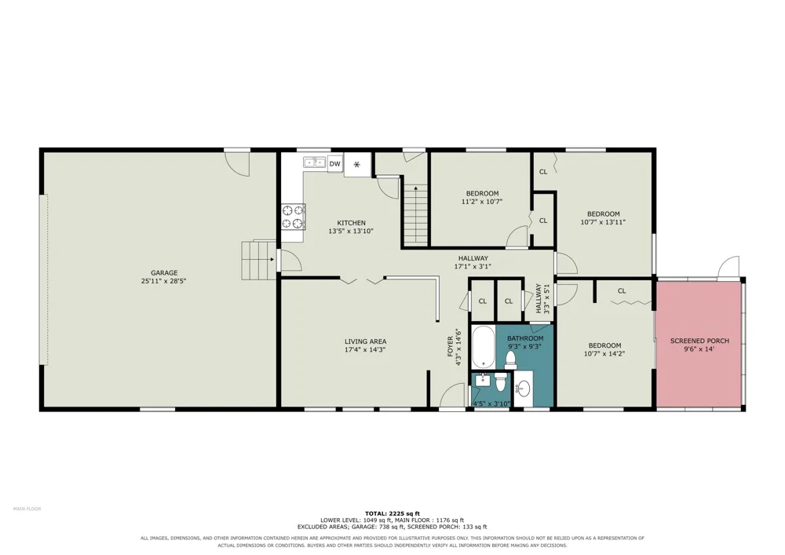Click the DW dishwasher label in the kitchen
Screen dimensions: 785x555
point(335,164)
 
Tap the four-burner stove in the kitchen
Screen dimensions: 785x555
point(294,217)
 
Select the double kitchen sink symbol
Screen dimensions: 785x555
point(315,162)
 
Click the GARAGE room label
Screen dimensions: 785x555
point(164,272)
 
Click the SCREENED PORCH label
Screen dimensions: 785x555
point(699,341)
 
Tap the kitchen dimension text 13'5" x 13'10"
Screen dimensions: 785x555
point(351,232)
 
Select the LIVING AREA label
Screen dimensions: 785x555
point(366,341)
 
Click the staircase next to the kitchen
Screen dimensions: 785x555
point(415,214)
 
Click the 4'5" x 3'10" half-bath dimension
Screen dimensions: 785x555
point(491,403)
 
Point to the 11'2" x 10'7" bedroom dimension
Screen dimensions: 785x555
point(482,202)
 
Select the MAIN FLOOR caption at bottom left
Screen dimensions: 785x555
point(27,509)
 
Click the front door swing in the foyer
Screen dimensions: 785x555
point(452,396)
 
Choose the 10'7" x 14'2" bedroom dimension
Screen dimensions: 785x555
point(604,354)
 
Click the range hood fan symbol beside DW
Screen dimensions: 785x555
point(357,164)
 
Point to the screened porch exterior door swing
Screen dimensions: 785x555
point(728,267)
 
